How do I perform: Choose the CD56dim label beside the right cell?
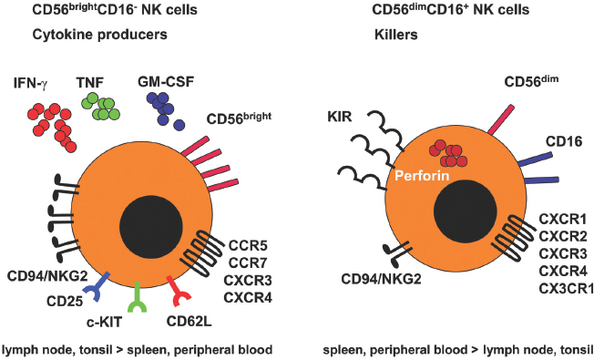click(x=531, y=84)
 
